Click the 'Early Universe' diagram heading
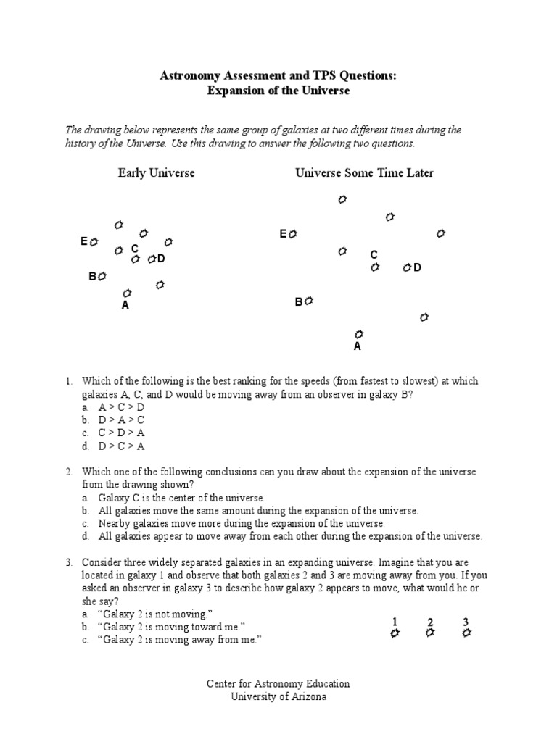[157, 173]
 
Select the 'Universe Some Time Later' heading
[364, 173]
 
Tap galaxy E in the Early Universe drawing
[94, 242]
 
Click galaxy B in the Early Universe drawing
[102, 276]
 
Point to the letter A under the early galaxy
[125, 306]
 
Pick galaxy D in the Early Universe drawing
[152, 259]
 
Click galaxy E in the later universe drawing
[292, 234]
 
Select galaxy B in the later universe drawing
[309, 301]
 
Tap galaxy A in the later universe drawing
[358, 334]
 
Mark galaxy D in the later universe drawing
[408, 268]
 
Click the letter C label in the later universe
[374, 255]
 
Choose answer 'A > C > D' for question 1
[121, 407]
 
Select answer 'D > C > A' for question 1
[121, 446]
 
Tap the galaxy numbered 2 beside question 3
[430, 633]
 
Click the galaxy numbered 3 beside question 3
[466, 633]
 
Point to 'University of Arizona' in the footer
[278, 696]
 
